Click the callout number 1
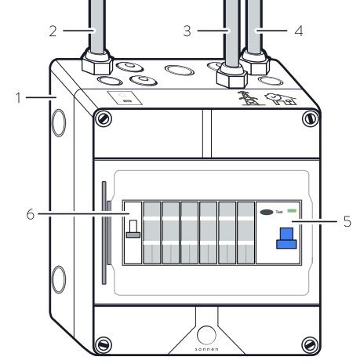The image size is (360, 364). click(18, 97)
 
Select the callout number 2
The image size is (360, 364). click(53, 31)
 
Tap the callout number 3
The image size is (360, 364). click(187, 31)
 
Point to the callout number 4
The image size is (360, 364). click(299, 31)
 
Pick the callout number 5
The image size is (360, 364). click(347, 221)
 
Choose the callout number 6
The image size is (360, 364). click(31, 214)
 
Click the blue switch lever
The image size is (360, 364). click(286, 238)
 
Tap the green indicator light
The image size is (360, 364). click(292, 210)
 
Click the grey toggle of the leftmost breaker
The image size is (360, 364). click(133, 229)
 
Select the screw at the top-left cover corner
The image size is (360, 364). click(103, 118)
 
